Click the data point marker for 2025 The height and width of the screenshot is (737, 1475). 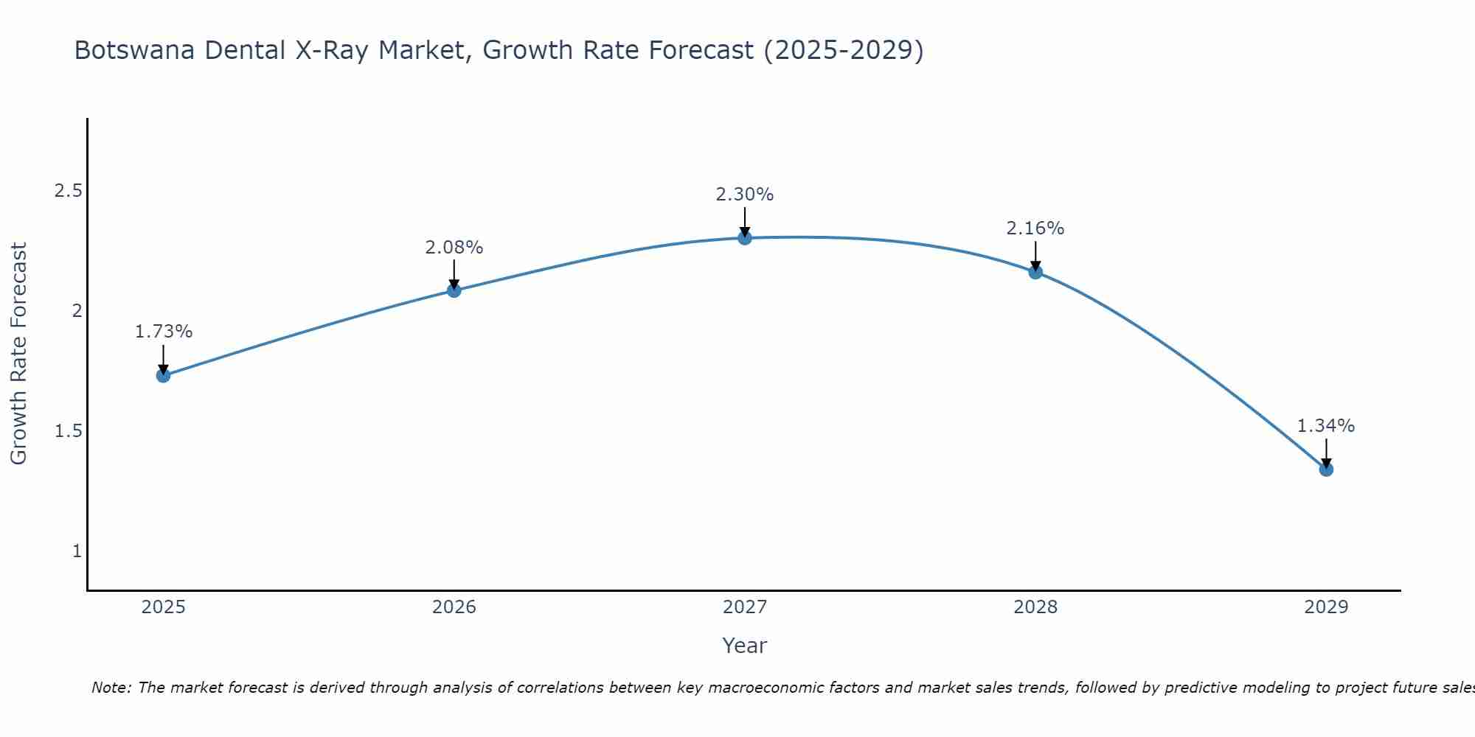pos(163,376)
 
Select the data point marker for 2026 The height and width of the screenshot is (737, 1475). pos(454,290)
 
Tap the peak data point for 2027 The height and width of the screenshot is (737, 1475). pos(745,237)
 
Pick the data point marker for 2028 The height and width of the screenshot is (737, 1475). pos(1035,272)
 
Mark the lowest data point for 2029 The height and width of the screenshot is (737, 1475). pos(1326,469)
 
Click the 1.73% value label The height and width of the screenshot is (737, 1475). pos(163,332)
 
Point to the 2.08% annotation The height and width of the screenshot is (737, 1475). pos(454,248)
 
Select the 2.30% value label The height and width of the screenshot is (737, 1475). pos(744,195)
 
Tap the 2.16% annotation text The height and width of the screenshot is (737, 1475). pos(1035,228)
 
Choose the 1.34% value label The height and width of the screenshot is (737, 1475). pos(1325,426)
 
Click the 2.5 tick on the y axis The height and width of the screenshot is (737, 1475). pos(68,191)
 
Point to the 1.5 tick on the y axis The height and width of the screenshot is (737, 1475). pos(68,431)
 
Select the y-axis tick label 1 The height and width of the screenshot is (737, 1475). pos(77,551)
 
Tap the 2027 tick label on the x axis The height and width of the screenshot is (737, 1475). pos(744,607)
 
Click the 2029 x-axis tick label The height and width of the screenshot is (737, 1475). pos(1325,607)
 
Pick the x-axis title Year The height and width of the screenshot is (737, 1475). pos(744,646)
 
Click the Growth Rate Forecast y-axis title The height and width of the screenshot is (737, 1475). pos(18,354)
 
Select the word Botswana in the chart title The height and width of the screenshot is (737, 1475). pos(135,50)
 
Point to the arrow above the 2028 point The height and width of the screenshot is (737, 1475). pos(1035,256)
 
